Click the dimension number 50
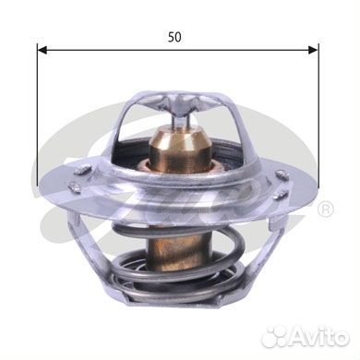pyautogui.click(x=174, y=37)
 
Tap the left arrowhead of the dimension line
pyautogui.click(x=42, y=50)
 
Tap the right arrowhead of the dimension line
pyautogui.click(x=313, y=50)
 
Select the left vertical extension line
pyautogui.click(x=37, y=114)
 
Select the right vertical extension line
pyautogui.click(x=318, y=116)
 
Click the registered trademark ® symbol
pyautogui.click(x=325, y=210)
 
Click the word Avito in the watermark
pyautogui.click(x=319, y=337)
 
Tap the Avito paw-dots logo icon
pyautogui.click(x=274, y=337)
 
